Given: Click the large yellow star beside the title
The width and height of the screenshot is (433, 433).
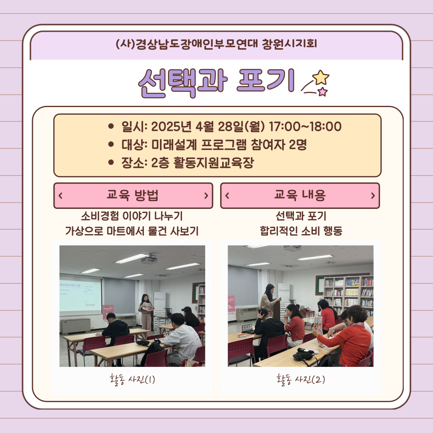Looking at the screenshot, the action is click(321, 77).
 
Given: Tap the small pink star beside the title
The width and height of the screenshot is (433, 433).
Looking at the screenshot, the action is click(322, 91).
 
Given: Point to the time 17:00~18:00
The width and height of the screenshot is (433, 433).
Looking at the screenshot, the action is click(305, 126).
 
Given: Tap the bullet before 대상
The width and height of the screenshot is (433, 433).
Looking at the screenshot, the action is click(111, 144).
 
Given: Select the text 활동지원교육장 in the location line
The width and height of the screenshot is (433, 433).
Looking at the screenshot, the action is click(213, 163).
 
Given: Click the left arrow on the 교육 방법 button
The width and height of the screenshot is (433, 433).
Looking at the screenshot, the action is click(61, 196).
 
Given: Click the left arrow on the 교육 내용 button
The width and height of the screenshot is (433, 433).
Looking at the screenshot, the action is click(227, 196).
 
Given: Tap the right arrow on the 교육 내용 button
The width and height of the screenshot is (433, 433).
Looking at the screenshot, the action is click(373, 196).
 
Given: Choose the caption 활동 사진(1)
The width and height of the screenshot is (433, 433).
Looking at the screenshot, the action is click(132, 379).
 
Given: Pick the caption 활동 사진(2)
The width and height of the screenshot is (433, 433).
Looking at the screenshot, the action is click(300, 379).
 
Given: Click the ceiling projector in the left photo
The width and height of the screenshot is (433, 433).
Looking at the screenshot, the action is click(149, 259).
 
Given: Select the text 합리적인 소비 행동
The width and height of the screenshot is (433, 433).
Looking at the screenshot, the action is click(301, 231).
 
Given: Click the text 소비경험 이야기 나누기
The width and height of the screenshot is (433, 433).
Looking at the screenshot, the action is click(132, 216).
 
